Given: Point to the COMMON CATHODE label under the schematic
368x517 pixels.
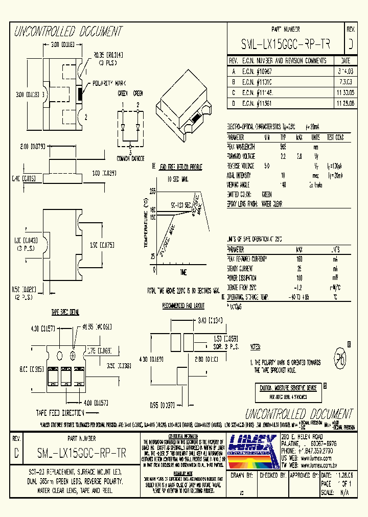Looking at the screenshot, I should [131, 158].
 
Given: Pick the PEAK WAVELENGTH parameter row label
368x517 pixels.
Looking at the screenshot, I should [244, 146].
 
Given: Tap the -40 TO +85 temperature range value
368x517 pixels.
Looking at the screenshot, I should [299, 297].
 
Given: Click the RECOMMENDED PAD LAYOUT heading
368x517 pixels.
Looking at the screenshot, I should [183, 306].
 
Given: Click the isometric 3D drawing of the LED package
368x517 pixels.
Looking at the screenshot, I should [187, 102].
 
